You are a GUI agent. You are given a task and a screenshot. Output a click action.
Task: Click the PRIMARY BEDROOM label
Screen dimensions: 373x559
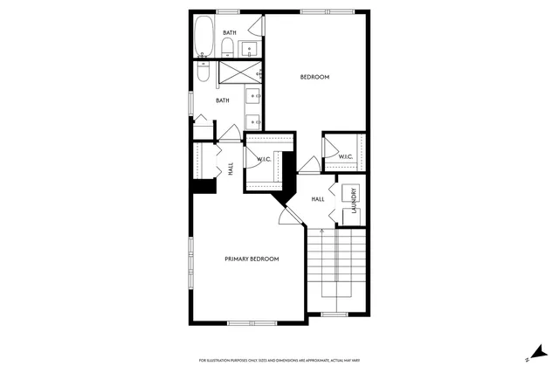click(252, 259)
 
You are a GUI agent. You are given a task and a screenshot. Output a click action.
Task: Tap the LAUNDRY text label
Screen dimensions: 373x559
click(354, 199)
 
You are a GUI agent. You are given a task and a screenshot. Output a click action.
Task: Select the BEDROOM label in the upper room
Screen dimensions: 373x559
click(314, 77)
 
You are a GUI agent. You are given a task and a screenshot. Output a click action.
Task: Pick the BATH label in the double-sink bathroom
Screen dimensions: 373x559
click(223, 100)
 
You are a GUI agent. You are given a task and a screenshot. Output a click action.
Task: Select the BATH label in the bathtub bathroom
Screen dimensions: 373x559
click(229, 32)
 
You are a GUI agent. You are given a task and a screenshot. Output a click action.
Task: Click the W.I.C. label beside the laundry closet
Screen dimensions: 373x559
click(345, 157)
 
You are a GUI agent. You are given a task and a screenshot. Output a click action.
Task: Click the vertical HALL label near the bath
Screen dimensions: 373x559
click(231, 169)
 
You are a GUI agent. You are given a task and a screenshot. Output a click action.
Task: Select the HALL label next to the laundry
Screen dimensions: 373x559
click(318, 199)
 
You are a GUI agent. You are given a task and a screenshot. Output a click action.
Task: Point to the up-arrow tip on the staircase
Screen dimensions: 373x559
click(322, 230)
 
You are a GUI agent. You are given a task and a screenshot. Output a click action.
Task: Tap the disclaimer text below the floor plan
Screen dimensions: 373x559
click(279, 359)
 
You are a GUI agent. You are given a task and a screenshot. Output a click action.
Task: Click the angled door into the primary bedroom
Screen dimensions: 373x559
click(285, 213)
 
